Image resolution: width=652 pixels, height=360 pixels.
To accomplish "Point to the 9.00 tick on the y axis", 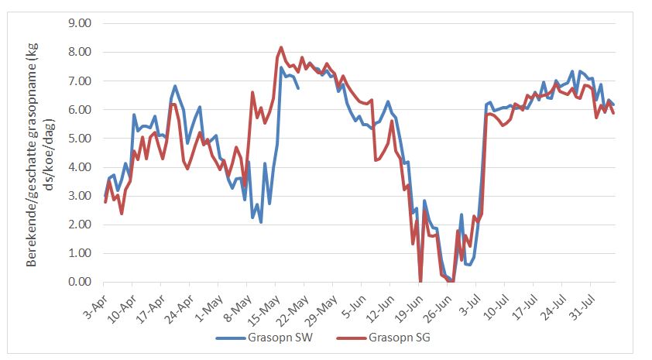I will point(79,23).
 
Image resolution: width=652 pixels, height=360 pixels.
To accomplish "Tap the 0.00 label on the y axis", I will point(79,282).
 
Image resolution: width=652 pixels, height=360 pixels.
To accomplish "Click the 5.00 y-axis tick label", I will point(79,139).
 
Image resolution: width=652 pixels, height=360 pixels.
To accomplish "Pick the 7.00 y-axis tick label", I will point(79,81).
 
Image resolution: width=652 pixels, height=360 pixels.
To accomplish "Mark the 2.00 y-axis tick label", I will point(79,225).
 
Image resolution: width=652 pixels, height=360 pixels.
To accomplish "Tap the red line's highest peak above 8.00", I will point(281,47).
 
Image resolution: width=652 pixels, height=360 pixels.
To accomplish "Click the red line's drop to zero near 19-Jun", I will point(420,281).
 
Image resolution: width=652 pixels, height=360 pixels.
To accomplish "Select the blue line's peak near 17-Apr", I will point(175,86).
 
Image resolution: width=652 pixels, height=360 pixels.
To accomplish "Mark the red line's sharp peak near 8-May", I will point(253,92).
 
